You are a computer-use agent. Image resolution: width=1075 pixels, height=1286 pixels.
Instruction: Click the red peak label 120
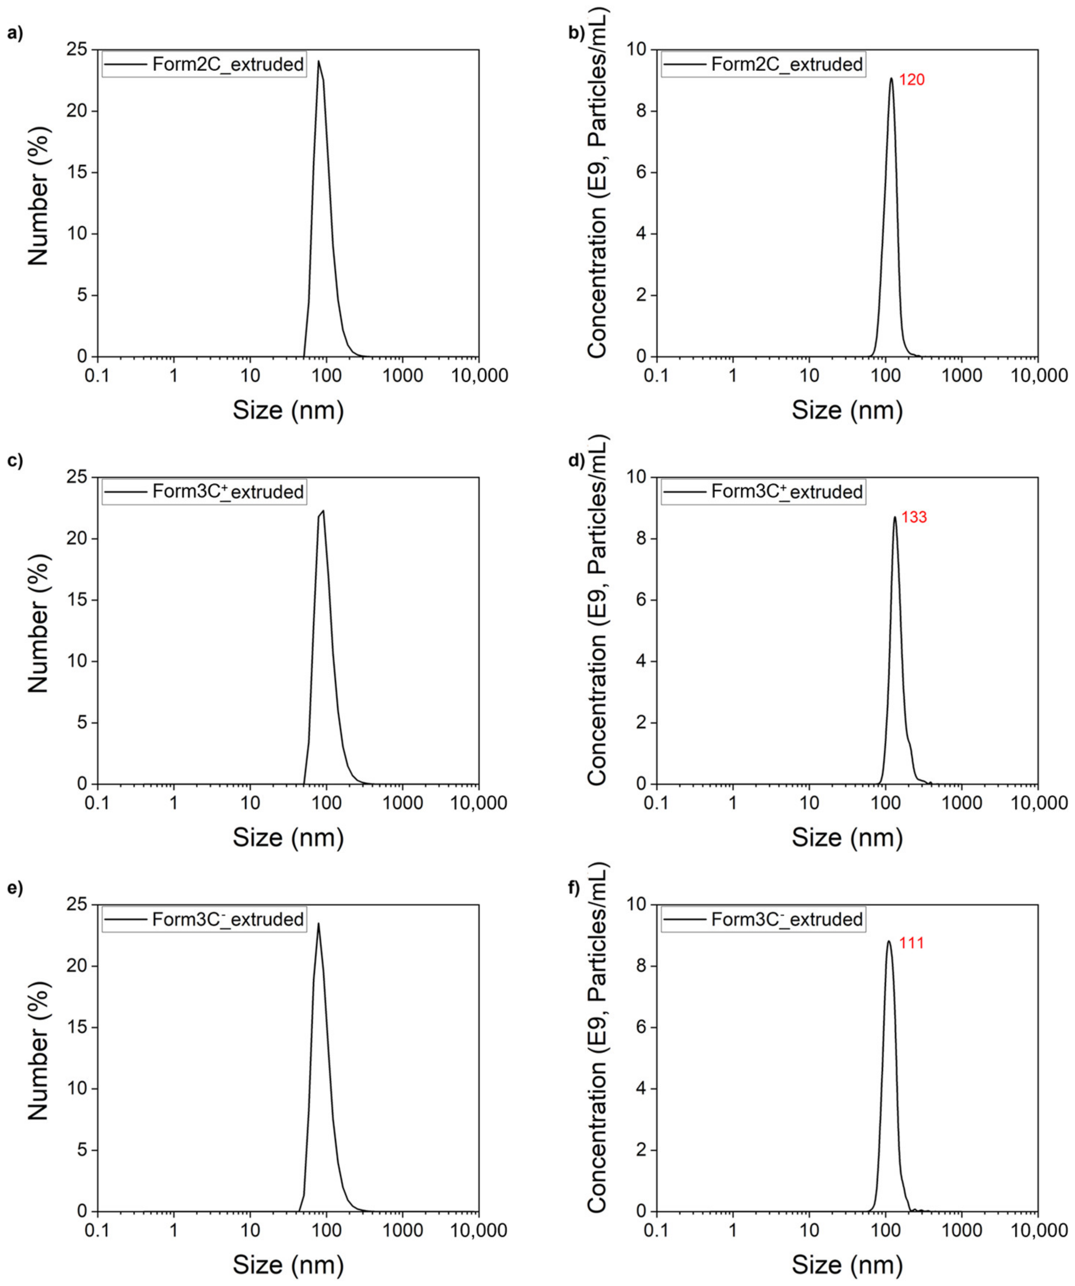[x=912, y=80]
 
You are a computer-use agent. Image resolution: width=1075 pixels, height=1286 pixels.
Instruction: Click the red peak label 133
[x=913, y=518]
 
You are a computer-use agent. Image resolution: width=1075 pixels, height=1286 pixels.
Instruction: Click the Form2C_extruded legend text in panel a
[x=228, y=64]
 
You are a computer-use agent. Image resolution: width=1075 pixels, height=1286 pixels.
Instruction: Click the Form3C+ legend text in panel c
[x=228, y=492]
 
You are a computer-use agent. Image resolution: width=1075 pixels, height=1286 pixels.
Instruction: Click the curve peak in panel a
[x=318, y=61]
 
